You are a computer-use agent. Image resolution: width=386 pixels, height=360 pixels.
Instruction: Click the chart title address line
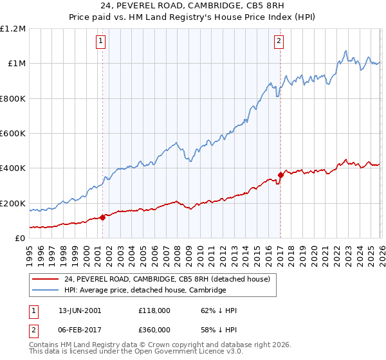(x=192, y=6)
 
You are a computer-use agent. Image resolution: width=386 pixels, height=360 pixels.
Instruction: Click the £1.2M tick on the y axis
(x=13, y=29)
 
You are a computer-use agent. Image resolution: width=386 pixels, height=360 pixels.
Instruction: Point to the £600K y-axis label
(x=13, y=134)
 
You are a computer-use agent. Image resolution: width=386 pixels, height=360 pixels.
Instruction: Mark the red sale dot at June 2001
(x=102, y=218)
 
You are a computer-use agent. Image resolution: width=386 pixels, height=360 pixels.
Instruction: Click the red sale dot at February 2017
(x=280, y=175)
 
